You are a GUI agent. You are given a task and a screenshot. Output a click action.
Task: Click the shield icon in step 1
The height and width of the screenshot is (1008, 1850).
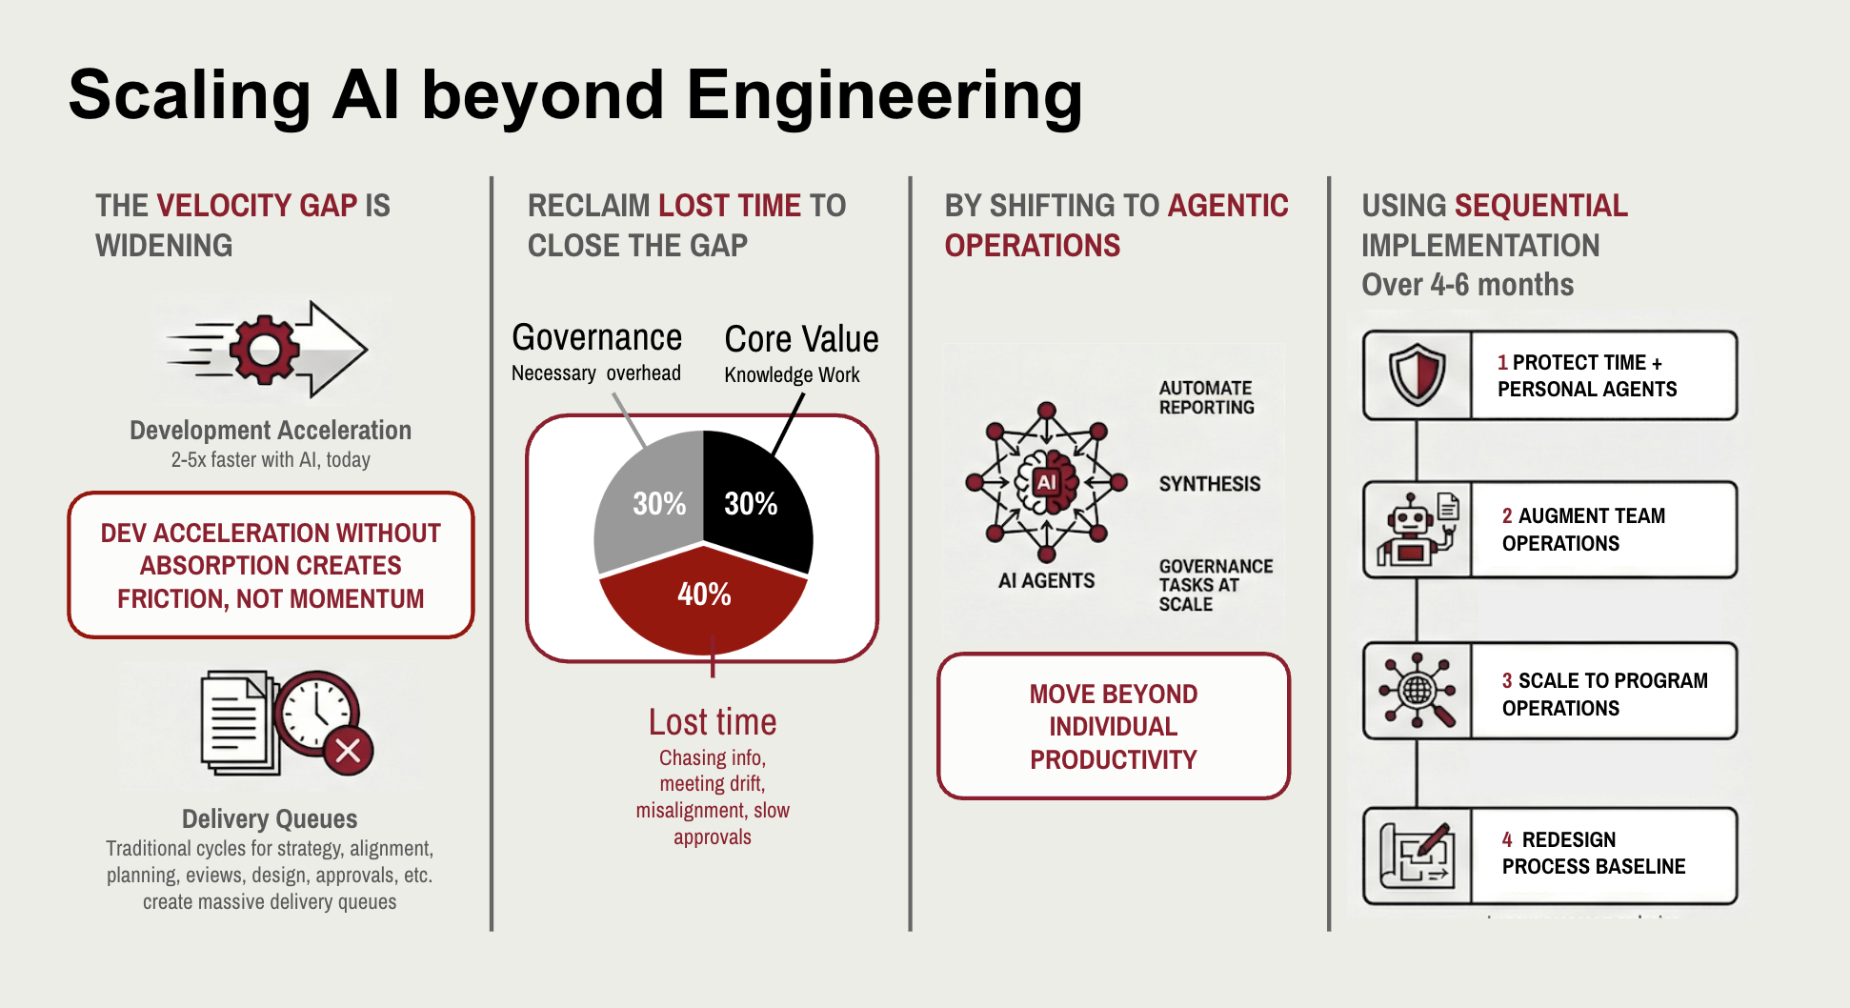1417,375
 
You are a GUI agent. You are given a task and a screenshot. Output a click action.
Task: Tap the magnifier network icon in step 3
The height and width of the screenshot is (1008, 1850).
1417,691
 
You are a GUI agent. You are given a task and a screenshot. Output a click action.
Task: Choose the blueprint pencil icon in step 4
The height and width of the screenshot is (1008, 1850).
1417,856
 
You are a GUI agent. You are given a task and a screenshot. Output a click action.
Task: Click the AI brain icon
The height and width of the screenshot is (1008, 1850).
1046,482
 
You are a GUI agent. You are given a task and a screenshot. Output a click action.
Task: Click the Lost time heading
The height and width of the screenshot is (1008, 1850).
712,722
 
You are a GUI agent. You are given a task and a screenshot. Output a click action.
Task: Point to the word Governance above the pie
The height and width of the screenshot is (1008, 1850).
596,338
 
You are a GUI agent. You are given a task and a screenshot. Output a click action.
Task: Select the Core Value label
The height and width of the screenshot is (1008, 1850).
801,340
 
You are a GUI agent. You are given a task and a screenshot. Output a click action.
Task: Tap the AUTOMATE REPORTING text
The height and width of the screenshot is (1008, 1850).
1206,397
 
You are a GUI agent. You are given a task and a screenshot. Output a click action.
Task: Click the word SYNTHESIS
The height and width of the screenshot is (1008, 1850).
1209,484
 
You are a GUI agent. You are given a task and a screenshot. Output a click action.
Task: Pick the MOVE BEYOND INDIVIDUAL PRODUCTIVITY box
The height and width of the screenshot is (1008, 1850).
1113,726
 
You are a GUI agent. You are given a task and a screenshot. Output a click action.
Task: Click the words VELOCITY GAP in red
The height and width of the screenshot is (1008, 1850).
256,206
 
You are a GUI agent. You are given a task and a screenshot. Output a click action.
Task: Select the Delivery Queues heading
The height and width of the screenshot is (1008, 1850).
270,819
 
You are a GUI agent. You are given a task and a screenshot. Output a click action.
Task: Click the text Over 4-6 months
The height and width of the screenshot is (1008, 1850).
1467,285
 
